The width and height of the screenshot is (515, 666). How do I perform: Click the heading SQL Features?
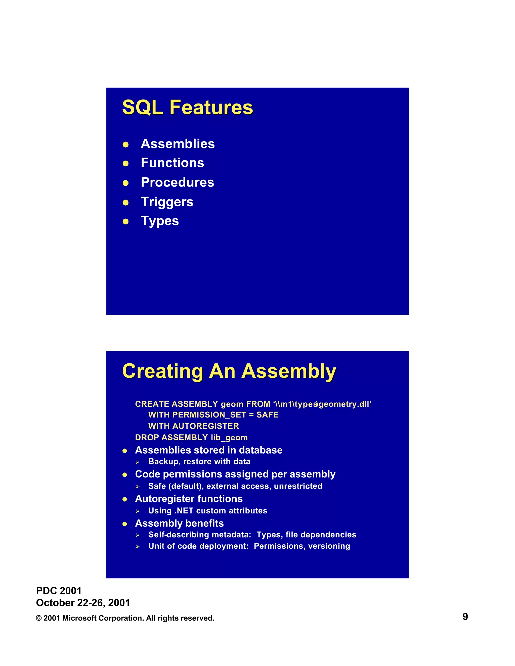(187, 107)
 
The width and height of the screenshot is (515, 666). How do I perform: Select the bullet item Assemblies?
(178, 144)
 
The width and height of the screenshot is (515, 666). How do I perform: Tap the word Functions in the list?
(172, 163)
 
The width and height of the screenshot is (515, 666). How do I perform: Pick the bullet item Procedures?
(177, 182)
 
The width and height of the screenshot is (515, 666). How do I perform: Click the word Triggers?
(167, 202)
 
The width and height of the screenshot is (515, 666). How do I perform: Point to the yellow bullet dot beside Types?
(125, 222)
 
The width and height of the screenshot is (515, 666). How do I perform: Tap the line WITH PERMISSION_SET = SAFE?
(213, 415)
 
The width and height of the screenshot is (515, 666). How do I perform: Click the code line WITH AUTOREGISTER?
(193, 426)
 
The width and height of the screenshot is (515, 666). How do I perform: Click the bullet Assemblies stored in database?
(209, 450)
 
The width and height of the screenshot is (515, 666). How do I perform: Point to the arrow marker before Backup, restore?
(138, 462)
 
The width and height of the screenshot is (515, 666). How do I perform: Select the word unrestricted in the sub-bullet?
(298, 486)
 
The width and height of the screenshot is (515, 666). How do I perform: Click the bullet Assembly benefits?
(179, 523)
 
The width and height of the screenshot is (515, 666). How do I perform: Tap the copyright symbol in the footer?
(39, 619)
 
